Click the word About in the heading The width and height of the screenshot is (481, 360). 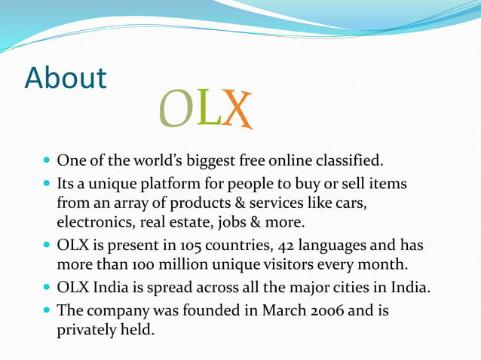click(66, 78)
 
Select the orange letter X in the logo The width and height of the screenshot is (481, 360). click(237, 110)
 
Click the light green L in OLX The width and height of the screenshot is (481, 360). click(207, 108)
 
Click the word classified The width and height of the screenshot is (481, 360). click(349, 160)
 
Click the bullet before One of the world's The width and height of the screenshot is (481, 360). click(47, 161)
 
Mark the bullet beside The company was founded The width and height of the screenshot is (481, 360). click(47, 311)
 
